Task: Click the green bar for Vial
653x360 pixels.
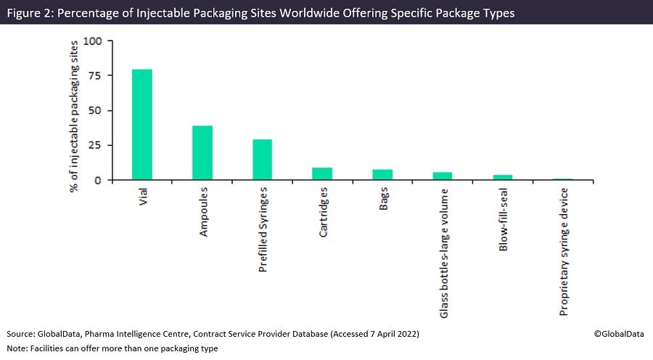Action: pos(142,124)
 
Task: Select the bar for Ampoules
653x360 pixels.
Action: pos(202,152)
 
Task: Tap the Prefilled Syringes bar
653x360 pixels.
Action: pos(262,160)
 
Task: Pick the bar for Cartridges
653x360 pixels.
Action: pos(322,174)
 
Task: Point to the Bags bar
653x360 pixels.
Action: pos(382,175)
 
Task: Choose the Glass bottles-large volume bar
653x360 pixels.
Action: pos(443,176)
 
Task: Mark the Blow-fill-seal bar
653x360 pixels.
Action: pos(503,178)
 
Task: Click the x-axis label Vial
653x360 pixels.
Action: pos(143,197)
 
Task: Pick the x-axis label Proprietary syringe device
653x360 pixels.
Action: pos(563,251)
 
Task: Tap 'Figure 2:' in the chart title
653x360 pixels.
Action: pos(30,14)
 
